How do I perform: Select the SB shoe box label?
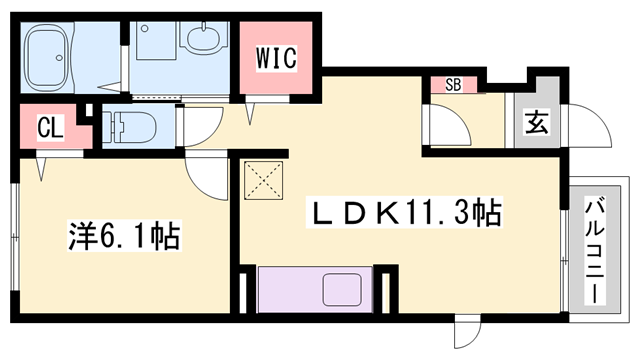(x=453, y=85)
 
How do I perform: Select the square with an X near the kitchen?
(x=264, y=183)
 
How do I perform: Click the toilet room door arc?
(x=200, y=125)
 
